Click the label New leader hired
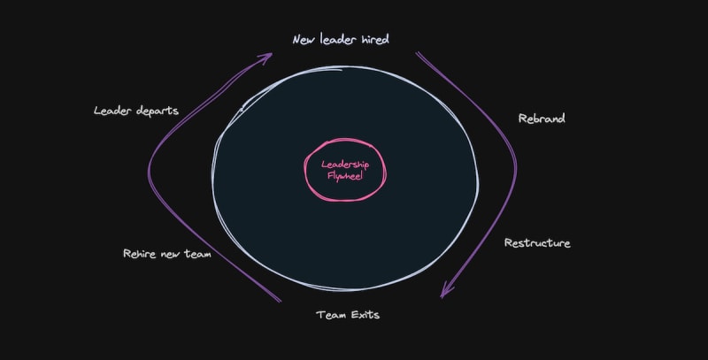pyautogui.click(x=341, y=40)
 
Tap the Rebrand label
pyautogui.click(x=541, y=118)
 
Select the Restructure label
pyautogui.click(x=537, y=242)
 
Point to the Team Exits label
pyautogui.click(x=348, y=314)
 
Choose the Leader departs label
pyautogui.click(x=136, y=111)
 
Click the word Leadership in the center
pyautogui.click(x=345, y=165)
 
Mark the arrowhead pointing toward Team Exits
pyautogui.click(x=445, y=293)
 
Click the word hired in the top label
pyautogui.click(x=373, y=40)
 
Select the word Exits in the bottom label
pyautogui.click(x=364, y=314)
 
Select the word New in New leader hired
pyautogui.click(x=304, y=40)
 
